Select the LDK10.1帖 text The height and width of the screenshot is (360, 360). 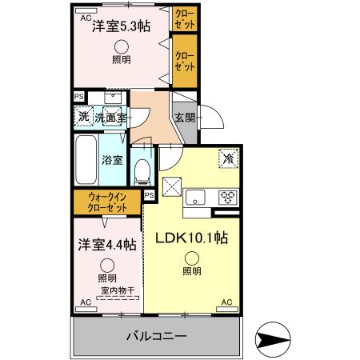pyautogui.click(x=191, y=238)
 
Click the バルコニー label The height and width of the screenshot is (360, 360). pyautogui.click(x=156, y=337)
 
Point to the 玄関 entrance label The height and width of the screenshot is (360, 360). pyautogui.click(x=184, y=117)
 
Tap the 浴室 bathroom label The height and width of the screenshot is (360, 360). pyautogui.click(x=113, y=159)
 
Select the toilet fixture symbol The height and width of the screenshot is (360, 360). pyautogui.click(x=143, y=169)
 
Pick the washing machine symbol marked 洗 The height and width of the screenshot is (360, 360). pyautogui.click(x=84, y=117)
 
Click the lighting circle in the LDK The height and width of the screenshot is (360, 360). pyautogui.click(x=192, y=258)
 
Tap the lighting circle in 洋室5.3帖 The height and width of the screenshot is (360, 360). pyautogui.click(x=121, y=46)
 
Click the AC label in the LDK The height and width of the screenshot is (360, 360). pyautogui.click(x=226, y=303)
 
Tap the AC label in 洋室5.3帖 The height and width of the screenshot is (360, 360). pyautogui.click(x=86, y=15)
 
